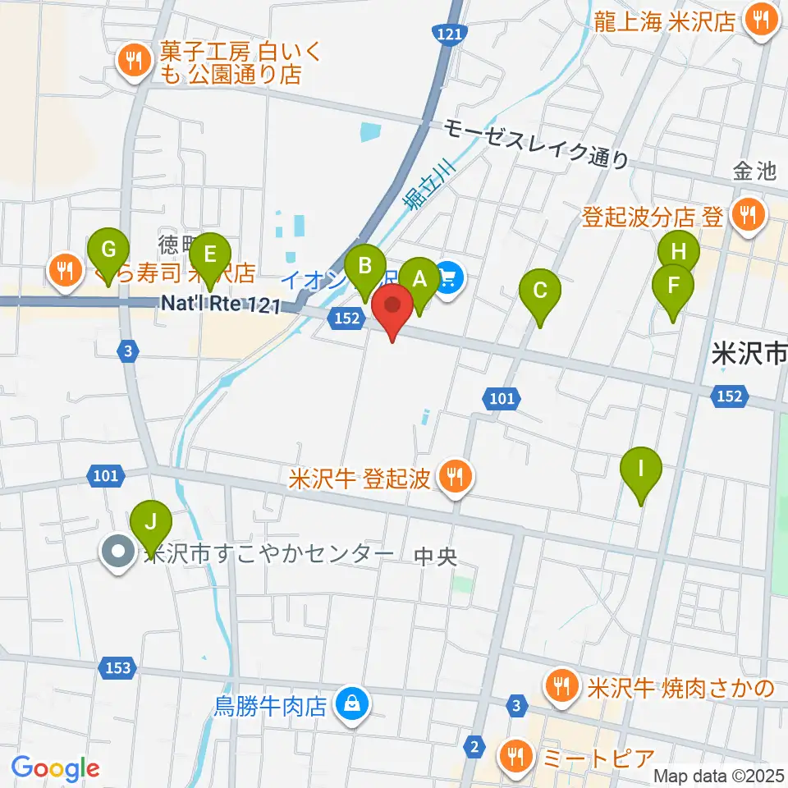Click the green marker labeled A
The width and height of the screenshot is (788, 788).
[x=420, y=281]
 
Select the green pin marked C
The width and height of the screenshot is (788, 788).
[x=540, y=291]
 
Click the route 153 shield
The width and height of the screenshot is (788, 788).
[x=118, y=667]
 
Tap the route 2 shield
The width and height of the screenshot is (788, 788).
[x=474, y=746]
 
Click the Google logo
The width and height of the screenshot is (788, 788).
[x=56, y=768]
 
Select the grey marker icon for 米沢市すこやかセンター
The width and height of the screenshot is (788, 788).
[x=119, y=552]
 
